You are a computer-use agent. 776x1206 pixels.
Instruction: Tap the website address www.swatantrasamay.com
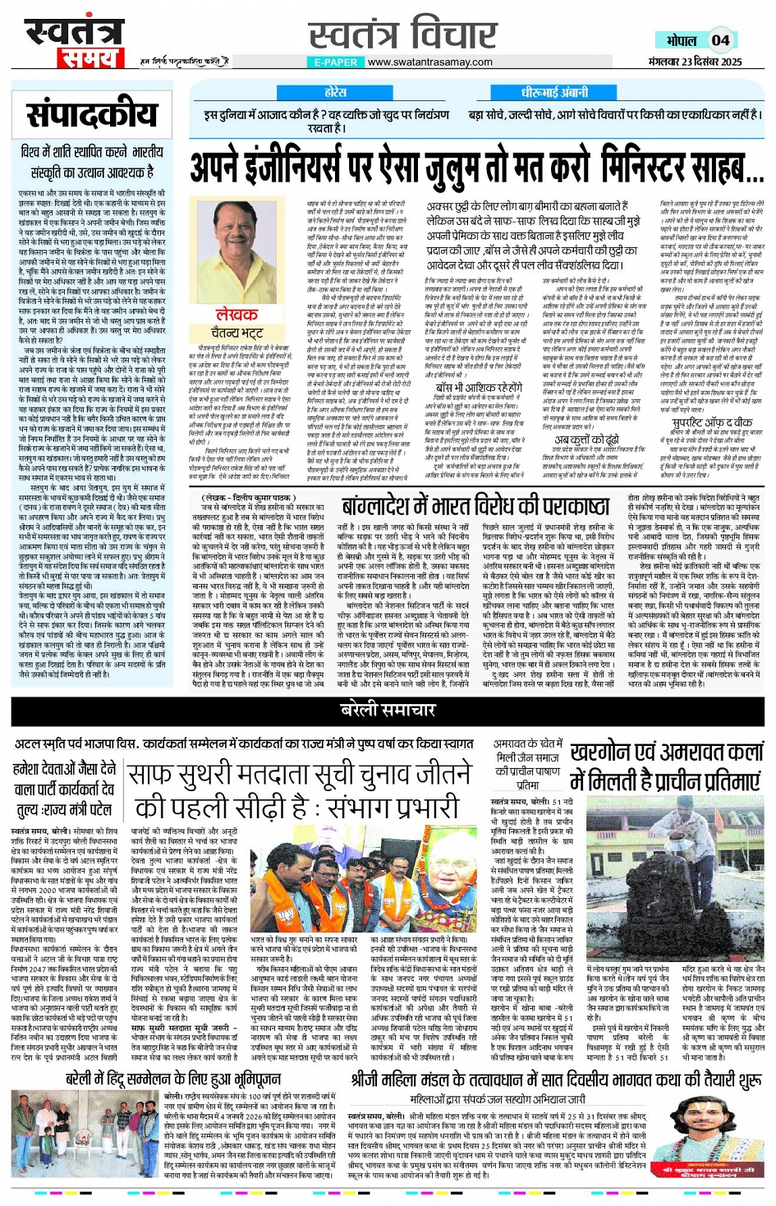click(x=429, y=62)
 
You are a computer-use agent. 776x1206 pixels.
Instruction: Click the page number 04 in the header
click(x=721, y=39)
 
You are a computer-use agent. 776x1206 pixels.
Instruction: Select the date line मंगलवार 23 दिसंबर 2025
click(x=695, y=62)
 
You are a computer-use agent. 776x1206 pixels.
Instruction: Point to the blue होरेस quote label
click(x=335, y=93)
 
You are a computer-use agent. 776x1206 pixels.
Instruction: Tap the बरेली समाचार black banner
click(x=387, y=709)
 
